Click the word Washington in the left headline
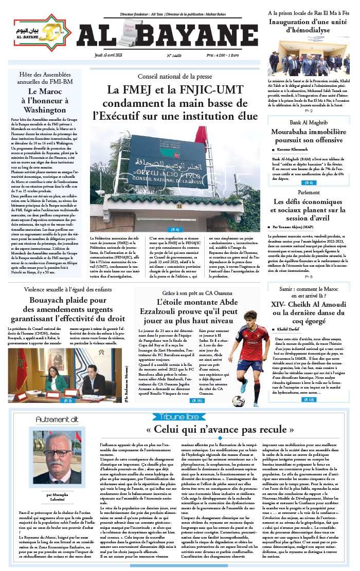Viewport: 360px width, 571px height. pyautogui.click(x=45, y=109)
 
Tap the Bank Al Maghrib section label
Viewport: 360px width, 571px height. pyautogui.click(x=308, y=122)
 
